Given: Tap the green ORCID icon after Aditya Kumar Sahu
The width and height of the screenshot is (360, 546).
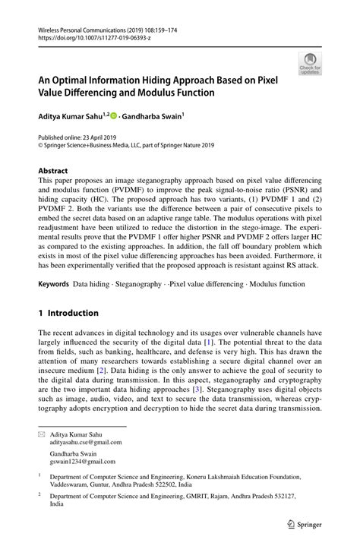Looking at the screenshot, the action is pos(113,116).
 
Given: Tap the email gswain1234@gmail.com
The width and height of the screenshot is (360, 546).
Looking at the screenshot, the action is pos(83,461).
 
